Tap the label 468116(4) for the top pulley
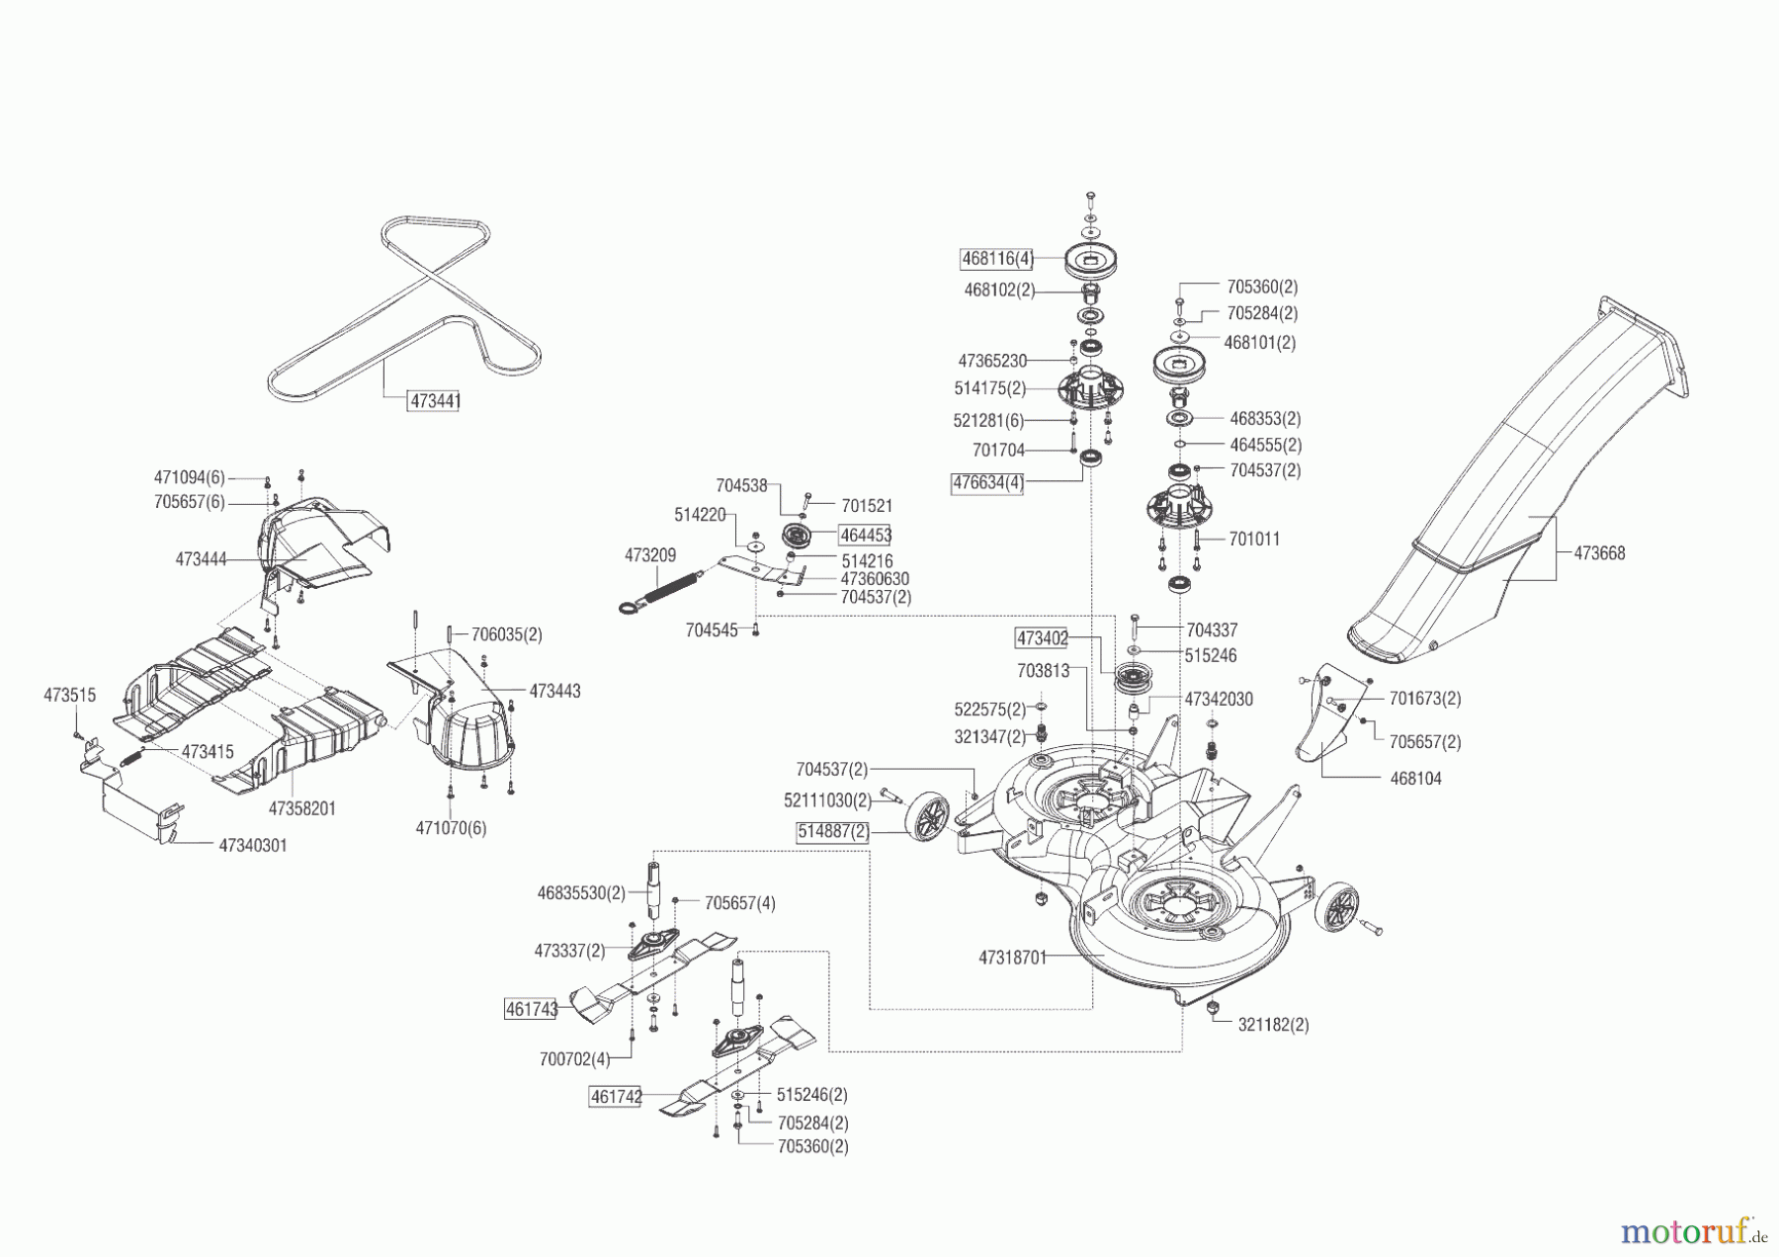(x=997, y=259)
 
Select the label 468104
(x=1415, y=779)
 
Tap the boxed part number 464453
(x=865, y=536)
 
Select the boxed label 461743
(x=531, y=1009)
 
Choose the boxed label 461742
(x=615, y=1097)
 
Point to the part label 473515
(x=69, y=696)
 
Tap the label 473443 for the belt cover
(x=554, y=692)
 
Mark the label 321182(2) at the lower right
(x=1273, y=1026)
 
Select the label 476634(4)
(x=987, y=484)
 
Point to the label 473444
(x=201, y=559)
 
